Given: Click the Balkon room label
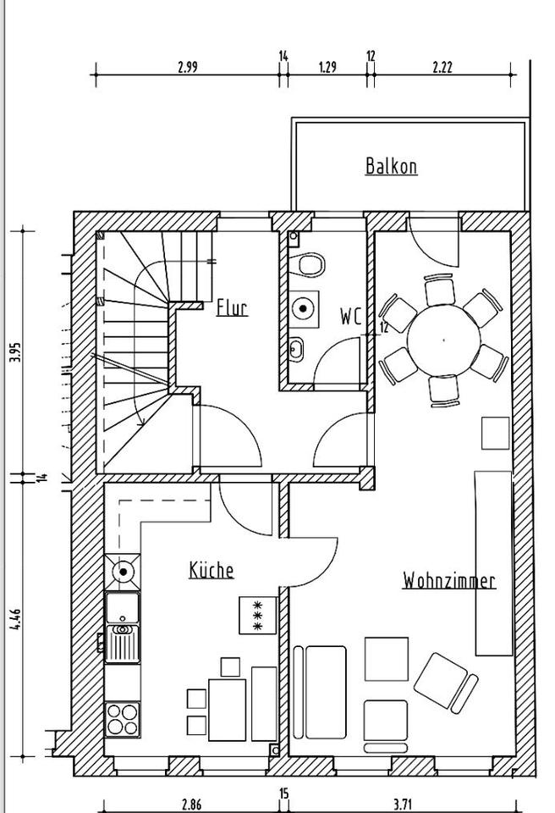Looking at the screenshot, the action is click(391, 166).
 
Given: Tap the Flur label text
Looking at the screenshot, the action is click(232, 307).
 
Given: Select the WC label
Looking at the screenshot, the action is click(350, 317).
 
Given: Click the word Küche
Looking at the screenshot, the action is click(211, 570).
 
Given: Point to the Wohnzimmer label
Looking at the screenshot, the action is click(448, 581).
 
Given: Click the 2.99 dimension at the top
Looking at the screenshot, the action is click(188, 68).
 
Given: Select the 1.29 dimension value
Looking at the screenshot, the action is click(327, 68).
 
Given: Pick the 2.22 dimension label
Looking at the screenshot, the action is click(442, 68).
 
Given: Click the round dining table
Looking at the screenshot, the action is click(443, 339).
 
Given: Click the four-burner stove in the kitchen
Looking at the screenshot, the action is click(123, 720).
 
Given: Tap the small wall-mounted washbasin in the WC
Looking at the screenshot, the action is click(297, 347).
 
